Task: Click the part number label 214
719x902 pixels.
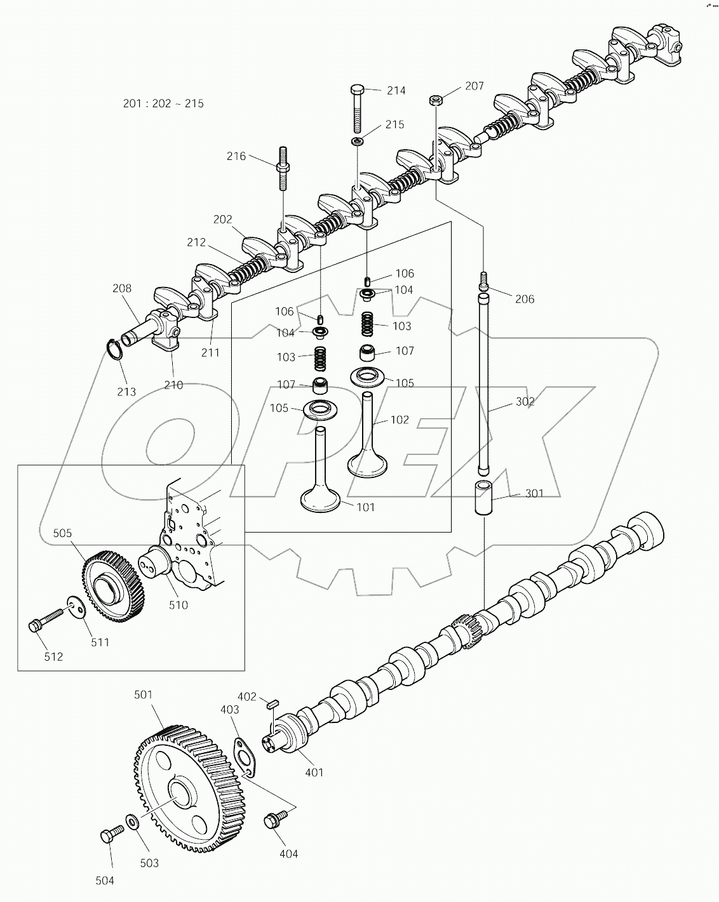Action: (x=396, y=91)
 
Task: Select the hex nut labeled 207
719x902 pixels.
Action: (x=435, y=99)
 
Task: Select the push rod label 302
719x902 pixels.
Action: (x=525, y=402)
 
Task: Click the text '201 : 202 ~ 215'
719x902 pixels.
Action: (x=163, y=103)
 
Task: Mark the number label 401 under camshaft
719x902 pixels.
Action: (x=314, y=773)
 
